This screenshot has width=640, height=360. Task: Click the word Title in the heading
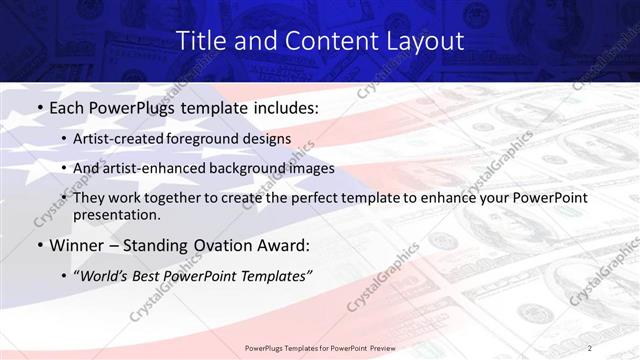[199, 41]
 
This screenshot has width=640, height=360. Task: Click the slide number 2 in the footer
[590, 347]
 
